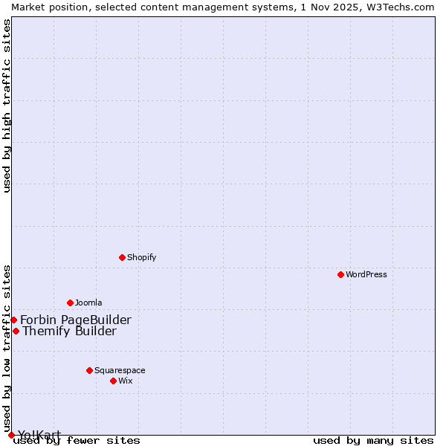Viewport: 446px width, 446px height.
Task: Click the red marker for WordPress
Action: (340, 274)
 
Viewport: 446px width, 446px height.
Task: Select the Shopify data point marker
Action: (122, 257)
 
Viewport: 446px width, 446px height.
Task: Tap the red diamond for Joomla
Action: (70, 303)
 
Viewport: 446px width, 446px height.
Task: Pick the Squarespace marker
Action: (89, 370)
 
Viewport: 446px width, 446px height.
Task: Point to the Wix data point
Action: (113, 381)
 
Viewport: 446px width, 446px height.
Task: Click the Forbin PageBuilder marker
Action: (13, 320)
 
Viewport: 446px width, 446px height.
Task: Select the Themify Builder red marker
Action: (16, 331)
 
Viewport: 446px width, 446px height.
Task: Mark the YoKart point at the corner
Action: (11, 435)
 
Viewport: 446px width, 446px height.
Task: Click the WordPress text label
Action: (366, 274)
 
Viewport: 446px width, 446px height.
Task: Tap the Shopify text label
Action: (141, 257)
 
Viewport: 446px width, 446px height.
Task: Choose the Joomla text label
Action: (88, 303)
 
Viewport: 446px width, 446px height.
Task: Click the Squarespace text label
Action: (120, 370)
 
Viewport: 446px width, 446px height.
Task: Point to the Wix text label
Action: (125, 381)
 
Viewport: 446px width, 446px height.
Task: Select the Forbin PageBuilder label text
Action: (76, 320)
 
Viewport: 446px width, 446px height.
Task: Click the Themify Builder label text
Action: (69, 332)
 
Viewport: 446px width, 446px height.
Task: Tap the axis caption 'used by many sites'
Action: (373, 440)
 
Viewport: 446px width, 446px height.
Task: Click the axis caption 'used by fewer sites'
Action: (77, 440)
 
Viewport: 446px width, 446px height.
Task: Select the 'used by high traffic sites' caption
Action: (7, 106)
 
